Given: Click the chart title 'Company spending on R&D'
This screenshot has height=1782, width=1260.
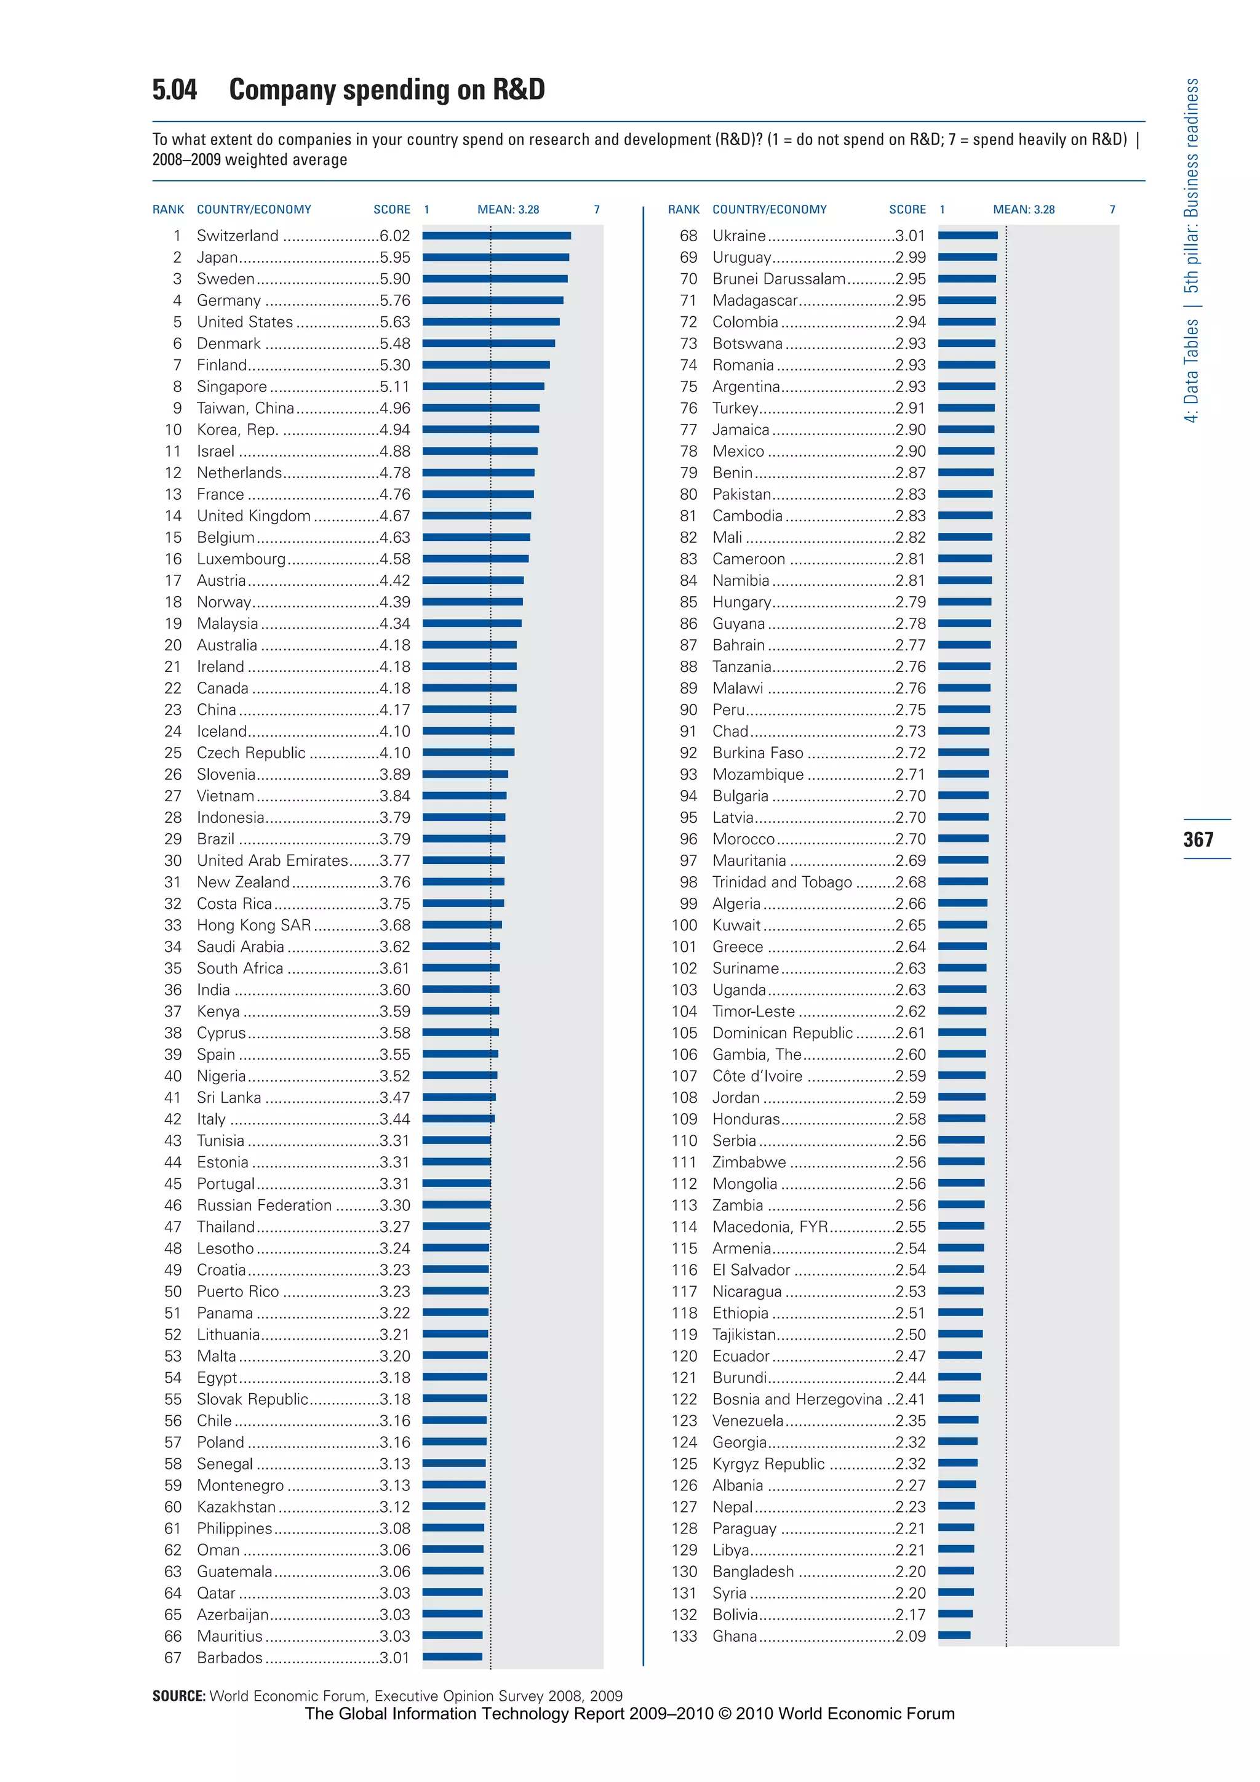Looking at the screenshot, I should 386,90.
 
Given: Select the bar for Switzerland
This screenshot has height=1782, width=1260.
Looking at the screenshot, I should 496,235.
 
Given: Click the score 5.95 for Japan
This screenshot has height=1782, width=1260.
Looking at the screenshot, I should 394,257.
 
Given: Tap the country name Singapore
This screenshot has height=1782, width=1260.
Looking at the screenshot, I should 231,386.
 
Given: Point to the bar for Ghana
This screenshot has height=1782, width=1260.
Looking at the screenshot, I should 954,1636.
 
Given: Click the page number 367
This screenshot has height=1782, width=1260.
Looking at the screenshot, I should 1198,839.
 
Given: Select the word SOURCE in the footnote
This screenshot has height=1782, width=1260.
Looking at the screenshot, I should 178,1696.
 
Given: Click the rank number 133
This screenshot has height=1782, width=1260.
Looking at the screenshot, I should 684,1636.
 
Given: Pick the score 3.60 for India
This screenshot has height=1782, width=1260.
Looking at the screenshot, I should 394,989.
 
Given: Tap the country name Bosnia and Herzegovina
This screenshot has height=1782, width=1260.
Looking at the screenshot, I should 797,1399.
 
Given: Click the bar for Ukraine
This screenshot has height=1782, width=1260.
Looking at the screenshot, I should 968,235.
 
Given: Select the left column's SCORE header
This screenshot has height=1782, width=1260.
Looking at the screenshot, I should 391,210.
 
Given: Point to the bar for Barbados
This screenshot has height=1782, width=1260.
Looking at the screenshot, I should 452,1656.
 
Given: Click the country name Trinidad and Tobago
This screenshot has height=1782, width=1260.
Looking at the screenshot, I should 781,882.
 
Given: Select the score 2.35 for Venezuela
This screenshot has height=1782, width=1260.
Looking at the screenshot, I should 910,1420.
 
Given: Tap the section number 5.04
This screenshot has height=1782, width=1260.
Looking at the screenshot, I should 175,90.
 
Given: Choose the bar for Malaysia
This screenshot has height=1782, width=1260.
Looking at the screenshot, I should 472,623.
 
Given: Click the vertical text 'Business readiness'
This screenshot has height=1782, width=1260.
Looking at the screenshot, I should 1191,148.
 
